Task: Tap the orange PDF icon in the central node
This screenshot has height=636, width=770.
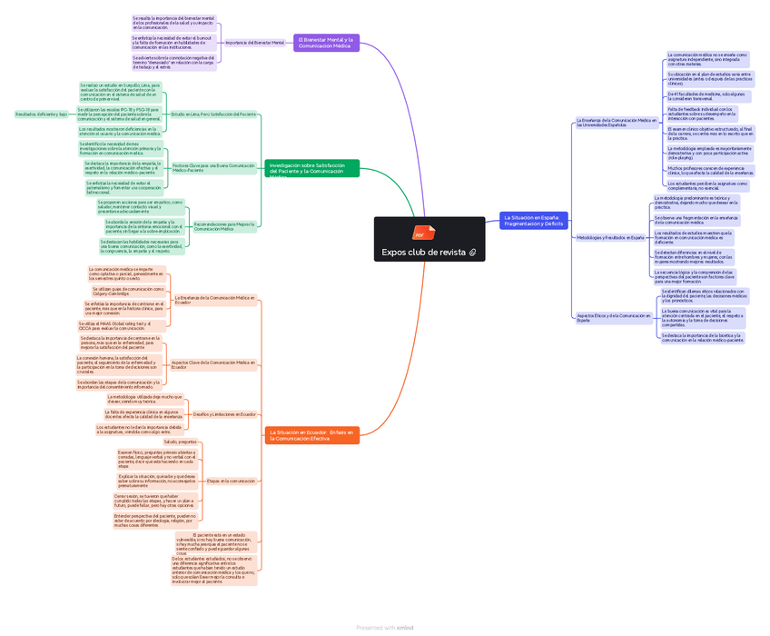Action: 420,233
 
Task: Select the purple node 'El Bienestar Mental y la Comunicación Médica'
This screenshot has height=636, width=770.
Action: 326,42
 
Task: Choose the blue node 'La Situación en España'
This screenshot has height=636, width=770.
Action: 534,220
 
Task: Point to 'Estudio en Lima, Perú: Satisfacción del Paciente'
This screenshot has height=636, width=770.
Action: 213,114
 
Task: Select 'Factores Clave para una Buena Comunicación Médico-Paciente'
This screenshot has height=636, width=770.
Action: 214,167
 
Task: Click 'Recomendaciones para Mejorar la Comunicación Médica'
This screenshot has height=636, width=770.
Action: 224,225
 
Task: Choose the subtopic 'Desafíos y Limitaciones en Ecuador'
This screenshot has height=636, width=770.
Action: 224,413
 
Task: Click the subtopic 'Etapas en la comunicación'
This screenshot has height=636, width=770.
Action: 231,481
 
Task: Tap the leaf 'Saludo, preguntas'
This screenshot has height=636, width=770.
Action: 180,442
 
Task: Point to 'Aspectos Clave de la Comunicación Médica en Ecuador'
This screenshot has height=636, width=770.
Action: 213,364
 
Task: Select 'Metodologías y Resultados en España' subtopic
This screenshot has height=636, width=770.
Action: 610,238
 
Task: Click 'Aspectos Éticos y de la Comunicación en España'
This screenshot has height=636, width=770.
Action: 614,318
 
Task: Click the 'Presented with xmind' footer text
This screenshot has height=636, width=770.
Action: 385,627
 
